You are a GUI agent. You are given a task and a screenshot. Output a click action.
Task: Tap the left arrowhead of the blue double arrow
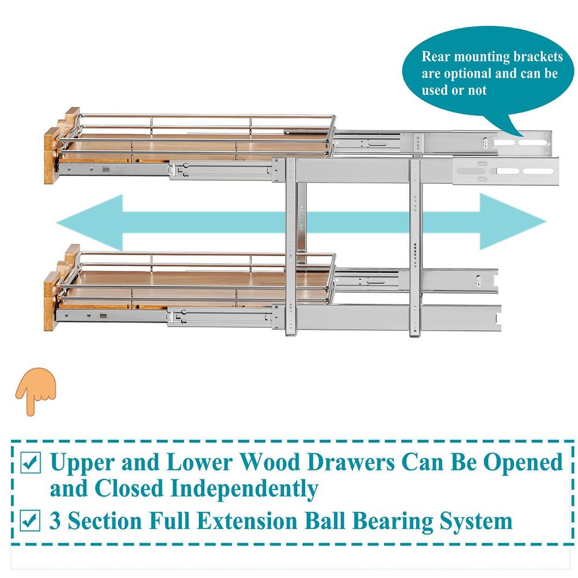(87, 221)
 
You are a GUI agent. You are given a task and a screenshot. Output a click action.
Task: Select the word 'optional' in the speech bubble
(467, 73)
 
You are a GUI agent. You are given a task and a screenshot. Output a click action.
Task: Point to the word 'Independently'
(243, 488)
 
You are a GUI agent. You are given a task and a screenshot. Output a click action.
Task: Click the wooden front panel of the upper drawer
(52, 155)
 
